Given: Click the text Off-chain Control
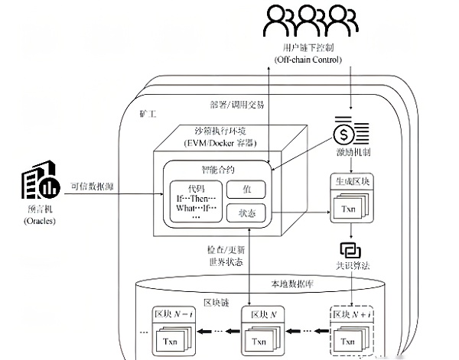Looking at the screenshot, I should [x=311, y=60].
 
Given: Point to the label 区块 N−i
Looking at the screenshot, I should [x=171, y=313].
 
